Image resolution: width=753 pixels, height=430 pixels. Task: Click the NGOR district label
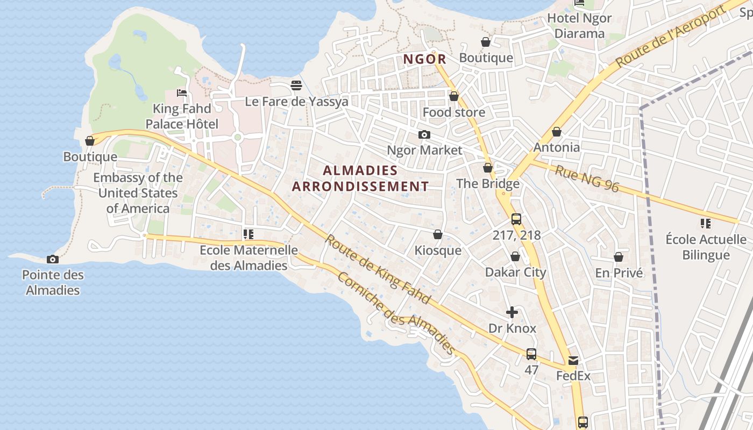click(424, 59)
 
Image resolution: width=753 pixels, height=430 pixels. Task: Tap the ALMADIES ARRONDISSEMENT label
click(360, 178)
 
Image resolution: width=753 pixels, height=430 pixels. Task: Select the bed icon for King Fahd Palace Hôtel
click(182, 93)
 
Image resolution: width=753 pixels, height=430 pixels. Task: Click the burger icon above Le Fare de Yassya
click(296, 85)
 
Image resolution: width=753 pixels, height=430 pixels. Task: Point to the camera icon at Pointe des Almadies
click(52, 259)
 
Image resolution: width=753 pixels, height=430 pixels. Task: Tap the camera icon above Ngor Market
click(424, 134)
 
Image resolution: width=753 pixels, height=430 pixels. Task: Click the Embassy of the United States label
click(138, 193)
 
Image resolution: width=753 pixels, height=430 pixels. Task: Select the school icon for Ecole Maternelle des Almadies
click(248, 234)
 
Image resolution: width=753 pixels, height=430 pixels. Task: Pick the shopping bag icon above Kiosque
click(438, 235)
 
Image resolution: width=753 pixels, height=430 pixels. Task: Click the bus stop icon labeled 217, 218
click(516, 219)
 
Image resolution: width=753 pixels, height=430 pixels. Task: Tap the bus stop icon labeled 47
click(531, 354)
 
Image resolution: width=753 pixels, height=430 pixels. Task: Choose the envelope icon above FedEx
click(573, 360)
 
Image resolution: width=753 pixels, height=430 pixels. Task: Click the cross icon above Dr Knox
click(512, 312)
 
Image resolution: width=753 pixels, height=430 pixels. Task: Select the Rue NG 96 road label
click(587, 179)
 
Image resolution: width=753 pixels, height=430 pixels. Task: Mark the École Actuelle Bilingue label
click(706, 247)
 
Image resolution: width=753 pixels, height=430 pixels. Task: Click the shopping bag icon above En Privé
click(619, 257)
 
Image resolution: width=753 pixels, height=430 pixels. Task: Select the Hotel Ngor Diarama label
click(579, 26)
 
